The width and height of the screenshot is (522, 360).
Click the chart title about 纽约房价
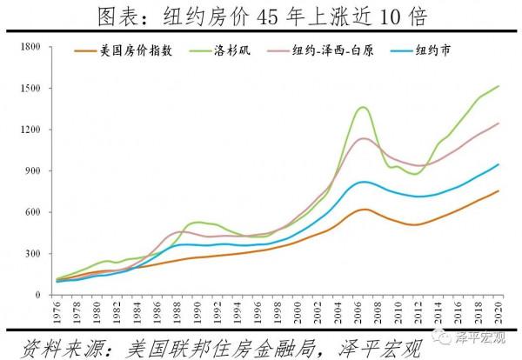(x=261, y=17)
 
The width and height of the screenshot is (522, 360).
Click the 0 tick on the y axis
(x=40, y=295)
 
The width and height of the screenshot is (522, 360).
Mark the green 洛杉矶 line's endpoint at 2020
(x=499, y=86)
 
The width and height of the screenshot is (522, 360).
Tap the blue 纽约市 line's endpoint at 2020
(x=499, y=164)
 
